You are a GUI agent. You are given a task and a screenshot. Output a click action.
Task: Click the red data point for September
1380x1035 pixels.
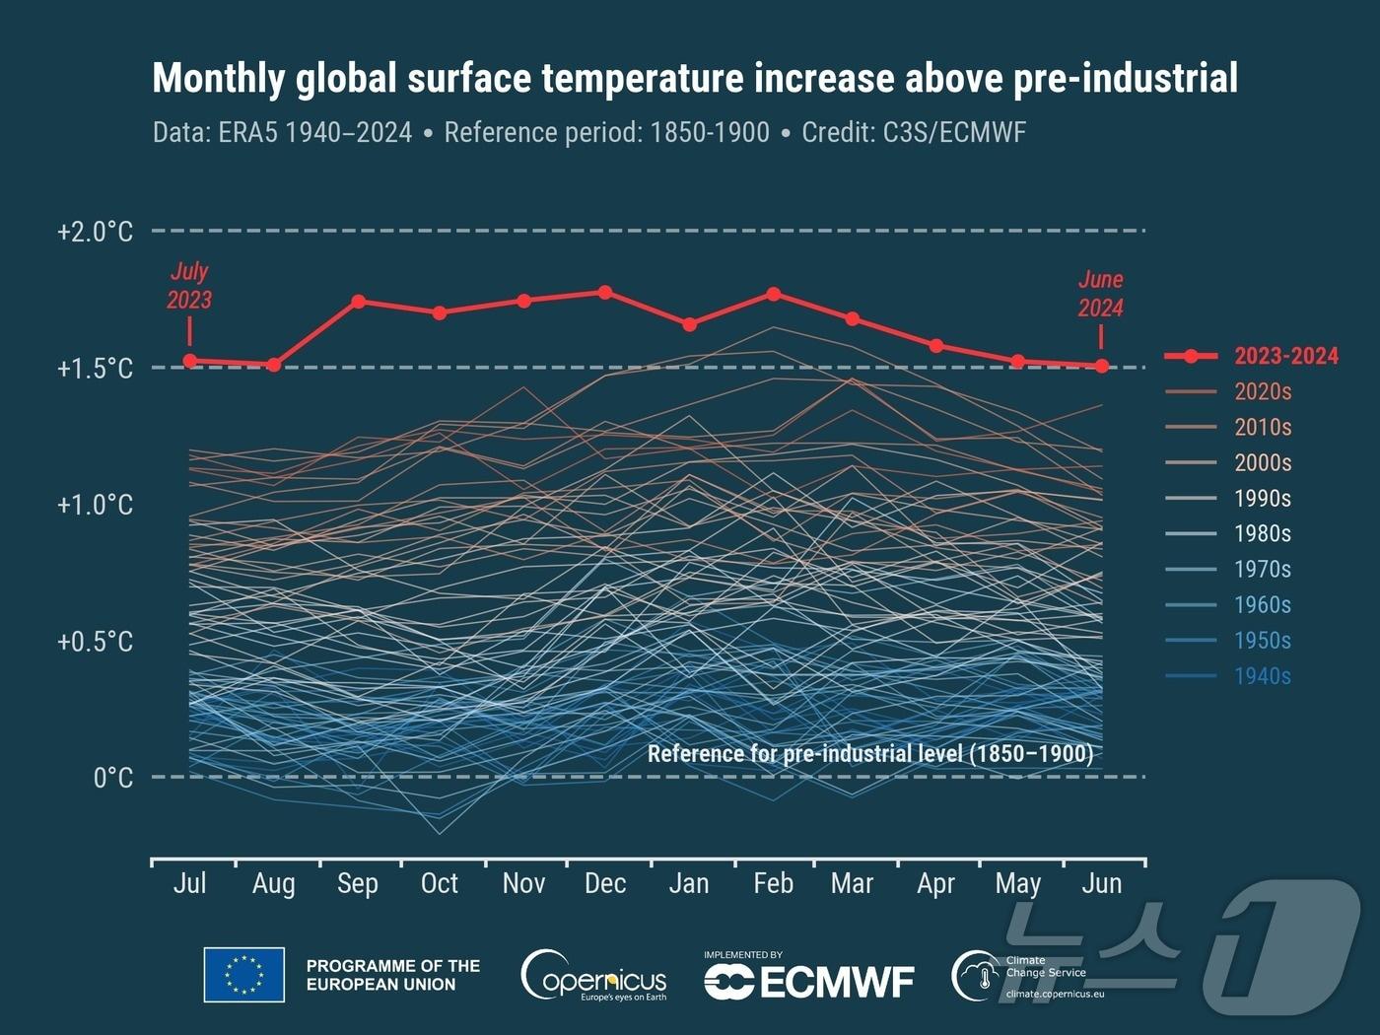coord(359,302)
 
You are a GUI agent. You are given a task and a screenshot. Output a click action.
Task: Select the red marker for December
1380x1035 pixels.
coord(605,293)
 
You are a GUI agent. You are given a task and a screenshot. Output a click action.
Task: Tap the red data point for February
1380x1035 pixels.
coord(774,294)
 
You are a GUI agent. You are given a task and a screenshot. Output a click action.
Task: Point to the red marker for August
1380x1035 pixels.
coord(274,365)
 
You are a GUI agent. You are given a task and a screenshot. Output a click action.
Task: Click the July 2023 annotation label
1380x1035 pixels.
coord(189,286)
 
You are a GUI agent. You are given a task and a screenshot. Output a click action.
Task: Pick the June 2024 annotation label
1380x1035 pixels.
coord(1100,294)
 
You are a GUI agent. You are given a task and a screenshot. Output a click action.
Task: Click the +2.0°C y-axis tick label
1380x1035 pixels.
coord(95,232)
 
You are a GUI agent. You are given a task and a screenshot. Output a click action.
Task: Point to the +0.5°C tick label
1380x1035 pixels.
coord(95,642)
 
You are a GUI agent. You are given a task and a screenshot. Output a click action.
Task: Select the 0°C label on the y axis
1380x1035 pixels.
coord(112,778)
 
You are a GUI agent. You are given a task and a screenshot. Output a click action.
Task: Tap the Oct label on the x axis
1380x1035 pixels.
coord(440,883)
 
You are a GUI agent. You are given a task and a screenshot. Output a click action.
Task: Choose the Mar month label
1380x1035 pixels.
coord(852,883)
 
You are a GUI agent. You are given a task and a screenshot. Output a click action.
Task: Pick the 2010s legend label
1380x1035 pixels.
coord(1263,427)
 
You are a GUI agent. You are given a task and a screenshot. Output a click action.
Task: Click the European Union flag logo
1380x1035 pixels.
coord(244,975)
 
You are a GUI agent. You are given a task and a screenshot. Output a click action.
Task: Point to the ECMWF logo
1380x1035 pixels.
coord(809,981)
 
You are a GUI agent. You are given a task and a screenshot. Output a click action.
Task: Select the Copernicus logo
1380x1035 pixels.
coord(593,976)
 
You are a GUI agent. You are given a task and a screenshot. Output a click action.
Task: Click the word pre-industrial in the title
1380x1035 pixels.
coord(1126,78)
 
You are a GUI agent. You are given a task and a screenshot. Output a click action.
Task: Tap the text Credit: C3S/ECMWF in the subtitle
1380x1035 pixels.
coord(914,132)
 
